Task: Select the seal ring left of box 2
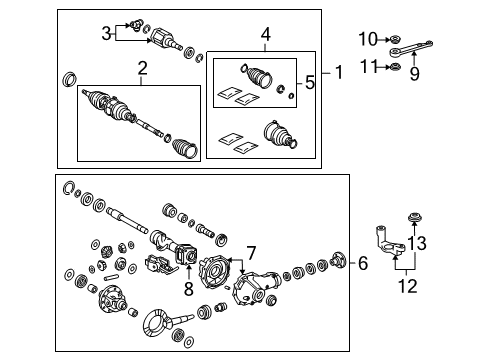(69, 78)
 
